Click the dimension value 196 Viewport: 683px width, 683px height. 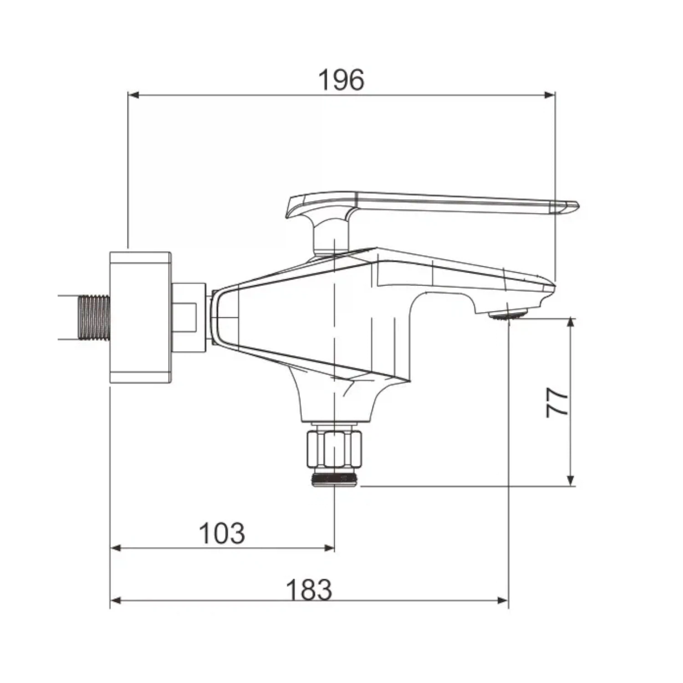pos(341,80)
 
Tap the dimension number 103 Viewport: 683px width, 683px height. pos(222,533)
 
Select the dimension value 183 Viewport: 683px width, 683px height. pos(309,590)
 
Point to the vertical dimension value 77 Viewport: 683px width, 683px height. pos(557,402)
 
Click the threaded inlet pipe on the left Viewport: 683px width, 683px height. pos(94,317)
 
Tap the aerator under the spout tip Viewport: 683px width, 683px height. pos(508,314)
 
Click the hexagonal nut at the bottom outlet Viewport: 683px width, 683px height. pos(334,448)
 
